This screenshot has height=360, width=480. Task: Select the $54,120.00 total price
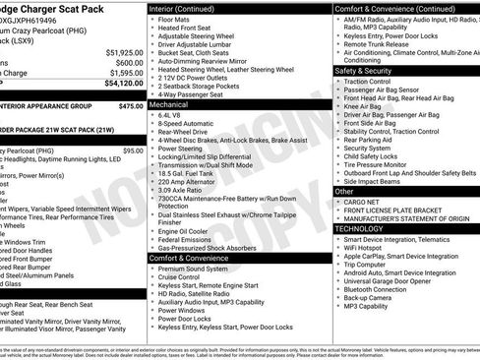click(x=121, y=84)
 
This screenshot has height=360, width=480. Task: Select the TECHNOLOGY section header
click(x=359, y=228)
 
